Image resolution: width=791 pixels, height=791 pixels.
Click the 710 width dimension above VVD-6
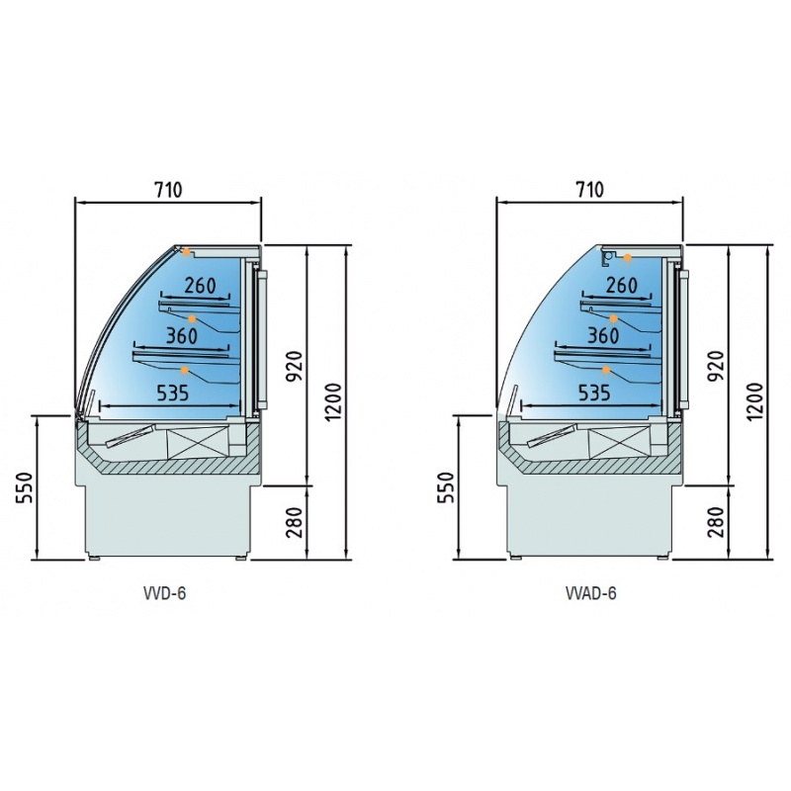pos(168,190)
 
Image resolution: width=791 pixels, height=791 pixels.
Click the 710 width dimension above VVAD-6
pos(589,190)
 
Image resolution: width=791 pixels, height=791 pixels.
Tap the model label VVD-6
pos(164,593)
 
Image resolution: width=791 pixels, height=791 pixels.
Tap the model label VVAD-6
pos(590,593)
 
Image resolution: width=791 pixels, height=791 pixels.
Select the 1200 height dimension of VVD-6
pos(333,402)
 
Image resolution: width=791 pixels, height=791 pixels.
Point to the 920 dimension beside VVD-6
pos(294,366)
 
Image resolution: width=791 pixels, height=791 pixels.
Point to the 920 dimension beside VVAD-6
pos(715,366)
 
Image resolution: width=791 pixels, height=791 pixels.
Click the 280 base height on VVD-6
pos(294,523)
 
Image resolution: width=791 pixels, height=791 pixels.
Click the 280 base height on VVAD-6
pos(715,523)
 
